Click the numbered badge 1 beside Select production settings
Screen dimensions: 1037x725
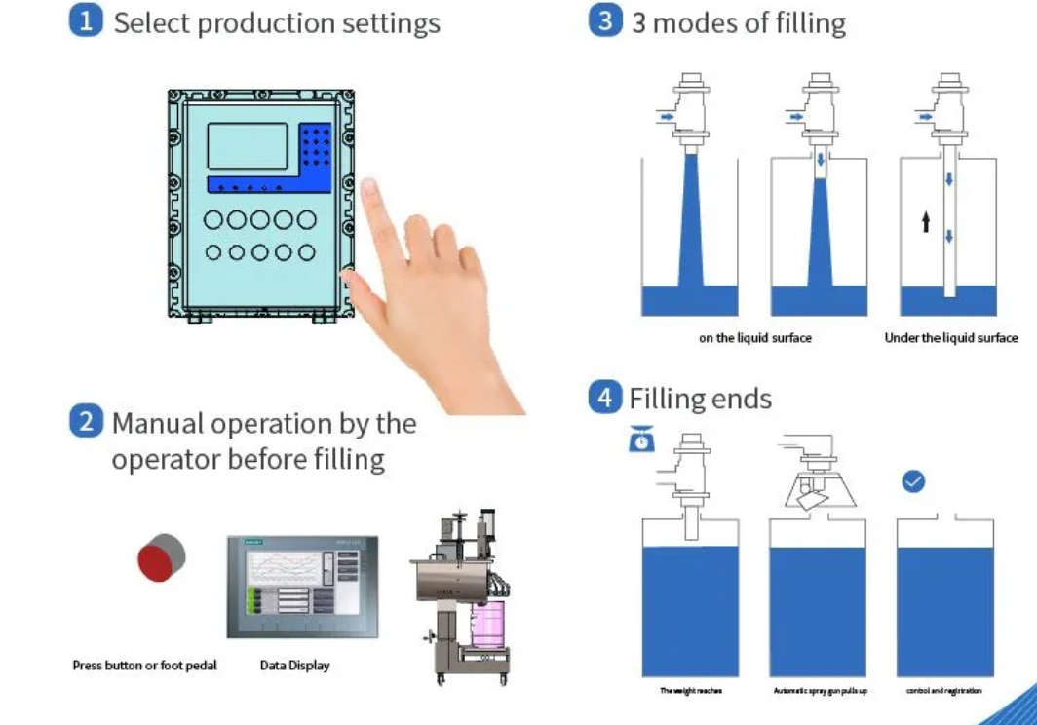[86, 21]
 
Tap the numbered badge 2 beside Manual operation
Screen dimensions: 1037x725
[86, 422]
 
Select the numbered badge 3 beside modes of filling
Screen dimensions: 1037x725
[605, 20]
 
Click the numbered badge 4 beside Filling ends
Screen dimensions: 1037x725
[605, 397]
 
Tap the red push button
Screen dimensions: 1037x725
[160, 558]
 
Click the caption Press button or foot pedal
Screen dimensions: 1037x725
[144, 666]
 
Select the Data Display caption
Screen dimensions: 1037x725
[294, 666]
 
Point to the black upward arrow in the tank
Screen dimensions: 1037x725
[926, 222]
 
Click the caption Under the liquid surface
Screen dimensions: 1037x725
[950, 338]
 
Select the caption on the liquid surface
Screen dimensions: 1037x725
[754, 338]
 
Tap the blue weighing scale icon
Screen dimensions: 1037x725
[641, 440]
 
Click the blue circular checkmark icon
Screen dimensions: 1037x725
[913, 480]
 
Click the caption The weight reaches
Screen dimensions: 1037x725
[691, 691]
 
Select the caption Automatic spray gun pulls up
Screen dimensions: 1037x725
[820, 691]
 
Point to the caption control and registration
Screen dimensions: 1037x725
[943, 691]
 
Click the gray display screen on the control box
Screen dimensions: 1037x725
[248, 145]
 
